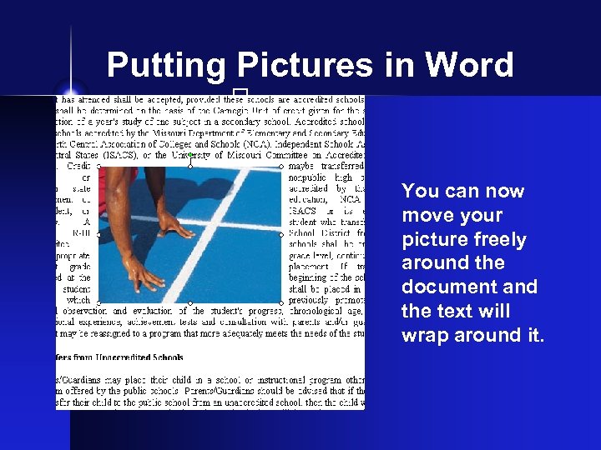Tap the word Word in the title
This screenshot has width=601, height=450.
click(x=470, y=65)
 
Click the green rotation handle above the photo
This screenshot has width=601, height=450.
click(x=190, y=154)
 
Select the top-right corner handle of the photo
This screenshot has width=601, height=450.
click(x=282, y=167)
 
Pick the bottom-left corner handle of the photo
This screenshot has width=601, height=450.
click(x=98, y=302)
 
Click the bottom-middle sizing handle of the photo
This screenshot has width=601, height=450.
click(x=190, y=302)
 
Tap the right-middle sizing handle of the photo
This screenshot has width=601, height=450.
click(x=282, y=234)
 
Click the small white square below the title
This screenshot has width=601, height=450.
click(x=240, y=92)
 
